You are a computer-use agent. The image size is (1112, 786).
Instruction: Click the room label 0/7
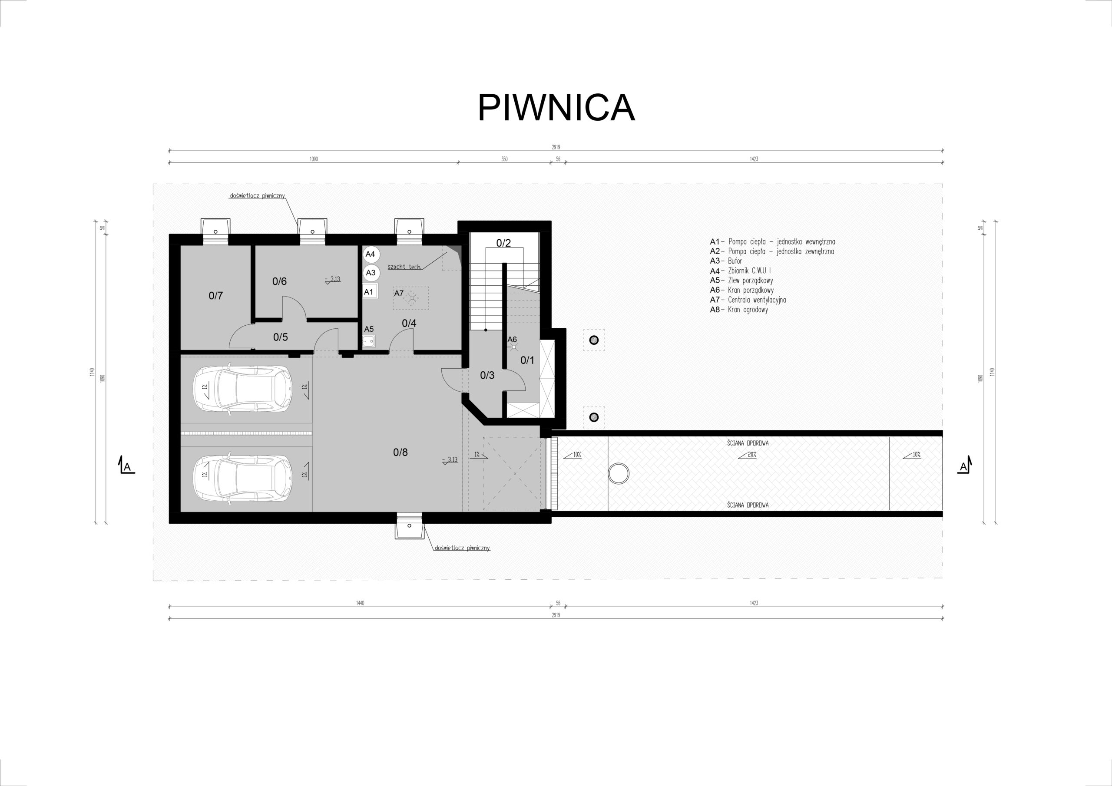pos(215,295)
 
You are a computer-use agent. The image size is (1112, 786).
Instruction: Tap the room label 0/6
pos(279,281)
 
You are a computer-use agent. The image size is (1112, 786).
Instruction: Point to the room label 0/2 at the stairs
pos(504,243)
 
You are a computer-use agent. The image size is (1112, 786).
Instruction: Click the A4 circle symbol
pos(371,254)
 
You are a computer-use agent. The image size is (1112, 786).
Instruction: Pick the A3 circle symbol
pos(371,273)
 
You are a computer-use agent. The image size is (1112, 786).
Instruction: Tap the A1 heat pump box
pos(370,292)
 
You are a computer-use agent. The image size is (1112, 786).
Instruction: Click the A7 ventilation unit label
pos(399,294)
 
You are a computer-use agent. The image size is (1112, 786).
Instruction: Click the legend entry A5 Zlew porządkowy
pos(741,281)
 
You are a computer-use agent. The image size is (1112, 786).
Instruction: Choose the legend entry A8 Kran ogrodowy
pos(738,310)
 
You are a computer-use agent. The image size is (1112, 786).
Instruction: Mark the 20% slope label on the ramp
pos(748,455)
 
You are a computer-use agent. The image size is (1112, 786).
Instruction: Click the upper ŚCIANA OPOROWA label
pos(748,443)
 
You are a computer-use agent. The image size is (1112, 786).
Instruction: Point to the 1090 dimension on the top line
pos(314,159)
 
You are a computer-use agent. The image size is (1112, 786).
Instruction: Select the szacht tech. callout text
pos(404,267)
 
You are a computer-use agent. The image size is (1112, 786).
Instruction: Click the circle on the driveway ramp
pos(619,473)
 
